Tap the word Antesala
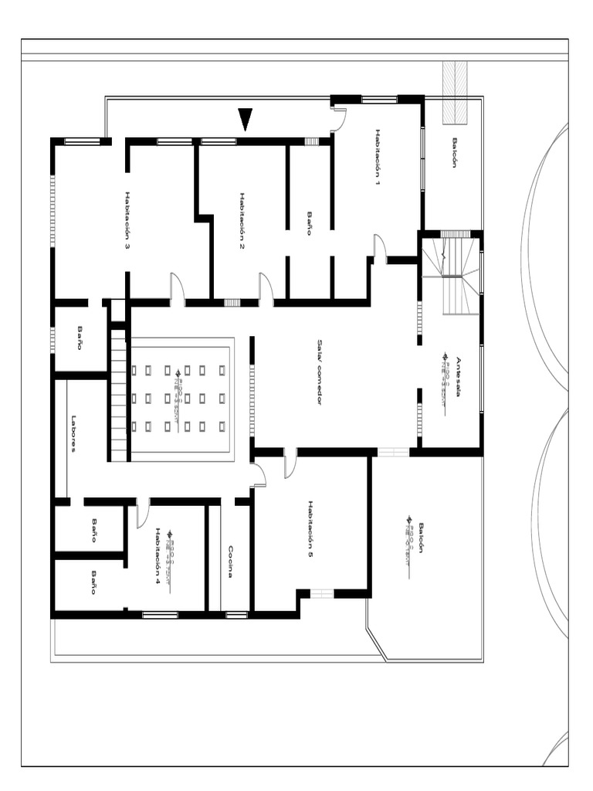[458, 376]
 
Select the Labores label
[74, 433]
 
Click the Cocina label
[231, 562]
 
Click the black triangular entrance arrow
[246, 119]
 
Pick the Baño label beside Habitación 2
[310, 223]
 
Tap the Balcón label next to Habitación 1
[455, 152]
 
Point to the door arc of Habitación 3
[177, 288]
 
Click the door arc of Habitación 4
[142, 513]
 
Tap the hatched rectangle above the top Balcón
[455, 93]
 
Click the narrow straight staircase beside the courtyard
[118, 395]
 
